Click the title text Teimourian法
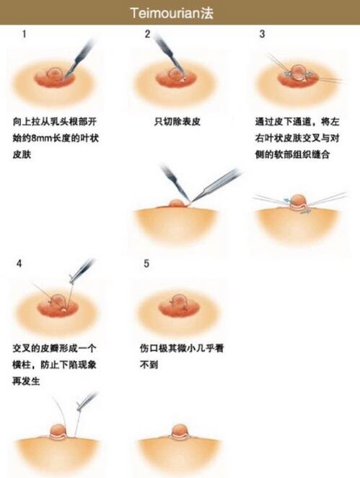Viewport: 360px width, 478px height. click(172, 13)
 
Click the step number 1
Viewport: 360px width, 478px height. click(24, 34)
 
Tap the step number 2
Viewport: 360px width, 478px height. click(147, 34)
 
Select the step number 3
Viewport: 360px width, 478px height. click(262, 34)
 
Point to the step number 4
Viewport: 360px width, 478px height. click(19, 264)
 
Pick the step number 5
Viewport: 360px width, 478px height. click(146, 264)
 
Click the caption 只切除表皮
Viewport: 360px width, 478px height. click(177, 122)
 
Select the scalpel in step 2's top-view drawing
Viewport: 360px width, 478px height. click(169, 55)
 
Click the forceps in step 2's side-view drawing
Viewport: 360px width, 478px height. click(216, 186)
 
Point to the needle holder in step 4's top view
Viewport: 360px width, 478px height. click(81, 271)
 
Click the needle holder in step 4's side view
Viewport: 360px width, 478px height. click(86, 401)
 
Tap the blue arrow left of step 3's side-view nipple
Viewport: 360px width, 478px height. click(287, 200)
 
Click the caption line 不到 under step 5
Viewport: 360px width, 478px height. click(149, 365)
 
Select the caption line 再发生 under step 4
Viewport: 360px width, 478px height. click(26, 381)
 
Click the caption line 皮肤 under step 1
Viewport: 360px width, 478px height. click(22, 155)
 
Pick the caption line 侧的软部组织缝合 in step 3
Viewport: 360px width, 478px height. click(292, 155)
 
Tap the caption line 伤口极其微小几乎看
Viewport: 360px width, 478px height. click(182, 348)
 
